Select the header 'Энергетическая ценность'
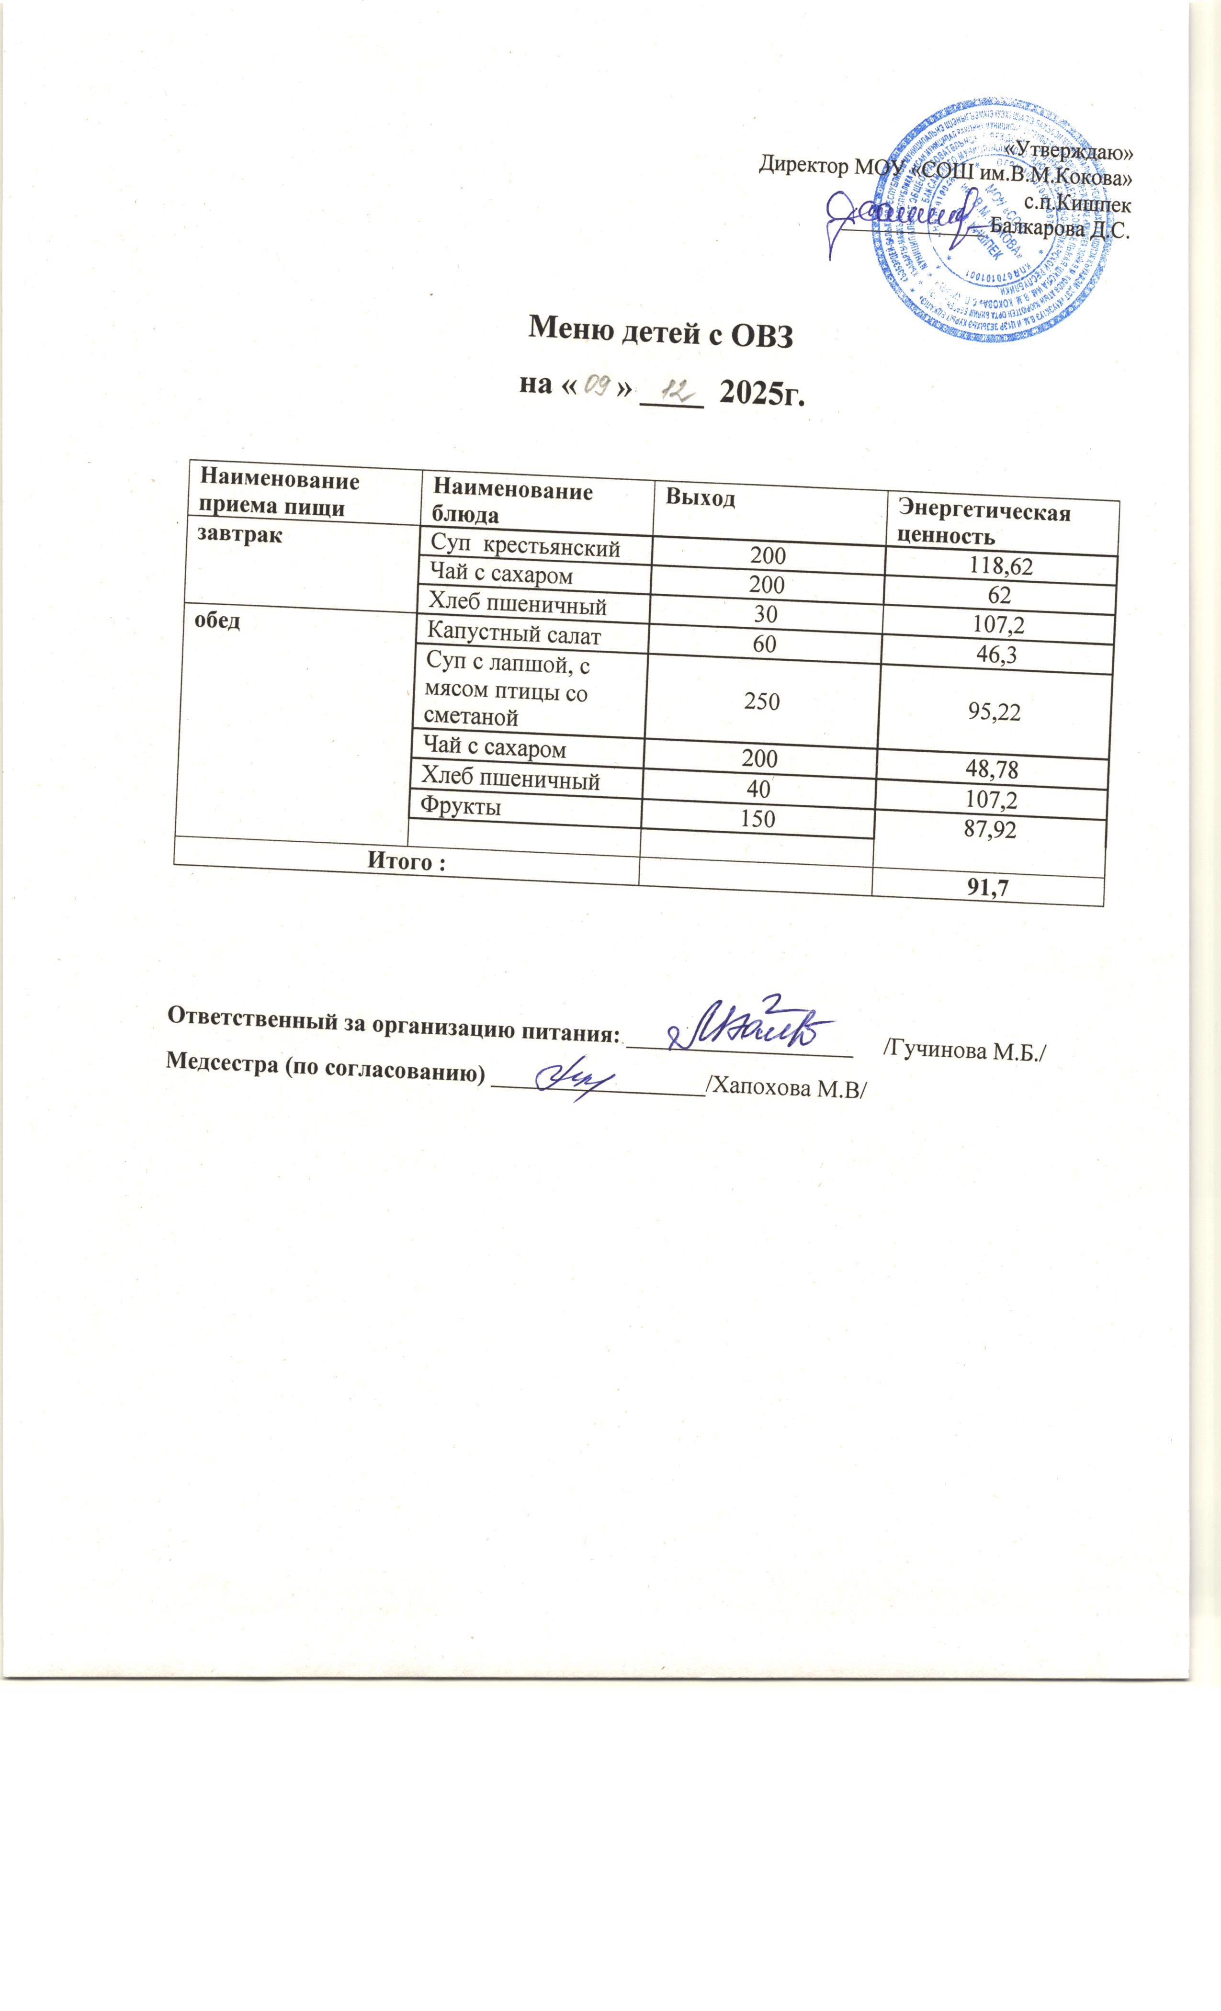984,524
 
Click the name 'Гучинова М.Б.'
963,1051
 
